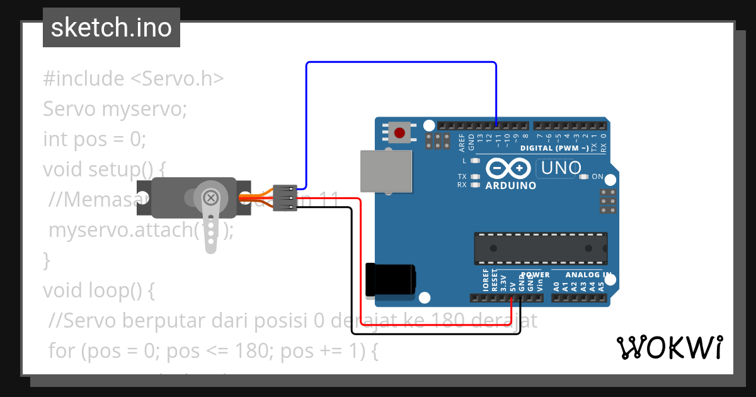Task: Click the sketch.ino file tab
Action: pos(111,28)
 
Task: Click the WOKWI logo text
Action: pos(669,348)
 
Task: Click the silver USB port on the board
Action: pos(386,170)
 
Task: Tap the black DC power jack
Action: pos(390,279)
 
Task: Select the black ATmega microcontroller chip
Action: pos(541,248)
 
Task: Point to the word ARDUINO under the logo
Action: pos(510,186)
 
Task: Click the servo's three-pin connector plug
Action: pos(285,198)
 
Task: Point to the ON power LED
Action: pos(583,177)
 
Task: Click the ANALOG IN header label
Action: pos(588,275)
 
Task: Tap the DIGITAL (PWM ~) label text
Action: pos(554,149)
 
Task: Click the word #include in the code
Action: pos(84,79)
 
